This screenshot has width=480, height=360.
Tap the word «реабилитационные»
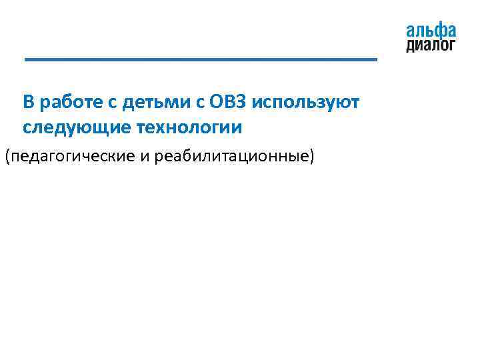click(231, 157)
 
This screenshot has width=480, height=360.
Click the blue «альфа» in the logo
click(431, 31)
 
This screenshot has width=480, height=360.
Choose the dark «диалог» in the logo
click(431, 45)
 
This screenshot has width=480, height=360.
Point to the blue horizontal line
click(200, 60)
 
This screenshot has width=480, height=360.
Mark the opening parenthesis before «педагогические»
click(7, 157)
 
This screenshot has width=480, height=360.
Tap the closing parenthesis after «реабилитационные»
click(311, 157)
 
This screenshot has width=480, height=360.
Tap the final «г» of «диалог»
click(452, 45)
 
